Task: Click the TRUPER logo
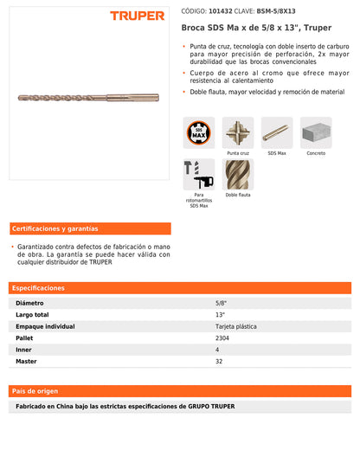[137, 16]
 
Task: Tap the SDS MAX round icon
[198, 132]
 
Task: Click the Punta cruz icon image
[238, 132]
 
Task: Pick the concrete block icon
[316, 132]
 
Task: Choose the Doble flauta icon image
[238, 174]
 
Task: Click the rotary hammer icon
[198, 174]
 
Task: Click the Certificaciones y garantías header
[55, 228]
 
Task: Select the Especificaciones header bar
[180, 287]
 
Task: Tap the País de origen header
[180, 390]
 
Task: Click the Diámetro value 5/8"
[221, 304]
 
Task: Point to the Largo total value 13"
[221, 315]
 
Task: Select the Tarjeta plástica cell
[234, 326]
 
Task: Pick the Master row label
[26, 360]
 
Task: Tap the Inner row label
[24, 349]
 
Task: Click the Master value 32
[219, 360]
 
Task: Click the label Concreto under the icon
[316, 153]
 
